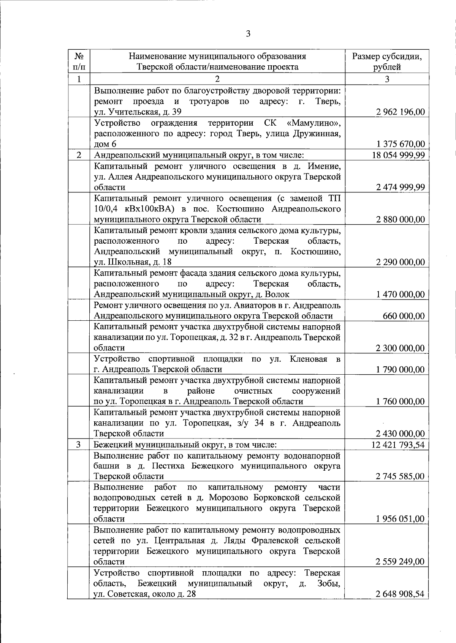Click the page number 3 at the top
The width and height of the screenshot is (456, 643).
(x=248, y=34)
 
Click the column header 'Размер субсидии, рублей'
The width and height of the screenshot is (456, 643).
(x=387, y=62)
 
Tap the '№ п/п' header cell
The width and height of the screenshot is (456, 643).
(x=79, y=62)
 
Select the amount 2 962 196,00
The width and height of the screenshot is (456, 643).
(x=400, y=112)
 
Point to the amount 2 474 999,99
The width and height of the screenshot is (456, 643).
(x=400, y=187)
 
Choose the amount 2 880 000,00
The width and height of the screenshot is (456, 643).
(x=400, y=219)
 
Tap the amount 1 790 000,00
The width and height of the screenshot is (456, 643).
(x=400, y=369)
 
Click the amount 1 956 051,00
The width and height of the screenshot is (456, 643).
(x=400, y=519)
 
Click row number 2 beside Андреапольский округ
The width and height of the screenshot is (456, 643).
(x=79, y=155)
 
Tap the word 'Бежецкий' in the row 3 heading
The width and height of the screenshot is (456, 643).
(x=112, y=444)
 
